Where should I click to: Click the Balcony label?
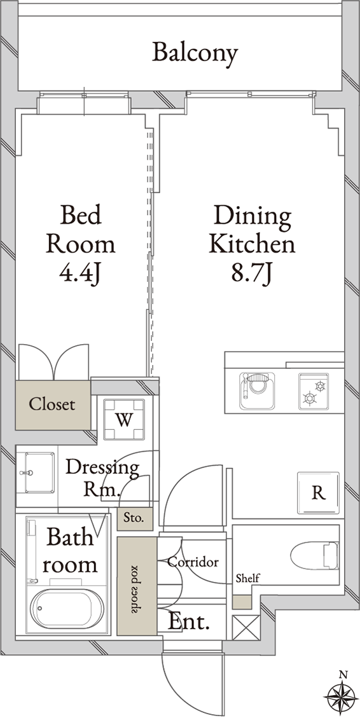click(x=195, y=53)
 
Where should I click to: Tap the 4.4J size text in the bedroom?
click(x=80, y=273)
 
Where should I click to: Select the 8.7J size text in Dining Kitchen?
click(x=252, y=273)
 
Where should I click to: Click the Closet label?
click(x=52, y=404)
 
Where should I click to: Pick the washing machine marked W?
click(x=124, y=420)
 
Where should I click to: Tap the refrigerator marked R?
click(x=319, y=493)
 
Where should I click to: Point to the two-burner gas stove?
click(x=314, y=391)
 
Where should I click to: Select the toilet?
click(x=315, y=555)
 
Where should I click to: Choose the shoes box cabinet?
click(x=137, y=586)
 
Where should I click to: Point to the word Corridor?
click(x=193, y=562)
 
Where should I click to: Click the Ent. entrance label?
click(x=189, y=622)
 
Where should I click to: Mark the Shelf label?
click(x=247, y=578)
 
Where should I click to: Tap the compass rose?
click(x=342, y=696)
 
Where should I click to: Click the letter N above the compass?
click(x=342, y=675)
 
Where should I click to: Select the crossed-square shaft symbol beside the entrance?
click(x=246, y=627)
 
